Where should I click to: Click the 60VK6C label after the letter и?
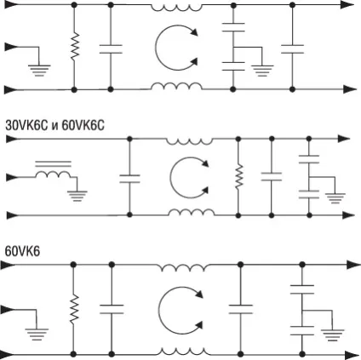83,125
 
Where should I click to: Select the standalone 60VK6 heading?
22,251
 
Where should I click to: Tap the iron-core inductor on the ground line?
53,169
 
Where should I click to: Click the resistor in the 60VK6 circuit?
74,309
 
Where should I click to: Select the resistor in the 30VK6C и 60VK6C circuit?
238,176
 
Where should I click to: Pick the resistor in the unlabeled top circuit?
74,46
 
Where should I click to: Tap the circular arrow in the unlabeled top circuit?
176,48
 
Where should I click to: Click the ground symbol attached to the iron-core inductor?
77,196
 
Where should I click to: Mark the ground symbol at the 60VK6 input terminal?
37,334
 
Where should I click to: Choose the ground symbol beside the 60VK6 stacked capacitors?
332,334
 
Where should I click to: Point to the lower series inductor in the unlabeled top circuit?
176,86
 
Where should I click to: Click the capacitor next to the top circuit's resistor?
111,49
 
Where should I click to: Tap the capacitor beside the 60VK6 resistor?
112,309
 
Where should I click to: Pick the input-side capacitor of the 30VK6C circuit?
129,179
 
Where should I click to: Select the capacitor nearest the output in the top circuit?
292,49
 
